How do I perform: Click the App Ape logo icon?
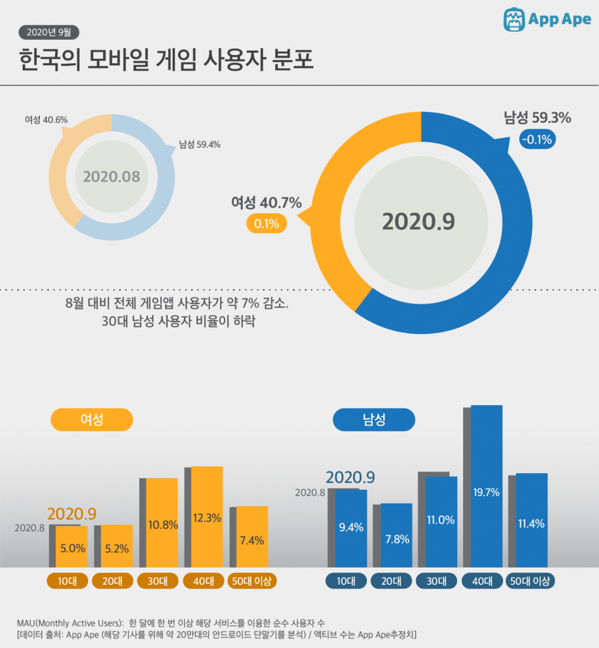pyautogui.click(x=515, y=20)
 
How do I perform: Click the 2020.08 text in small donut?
pyautogui.click(x=111, y=177)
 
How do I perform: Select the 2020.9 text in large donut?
pyautogui.click(x=418, y=222)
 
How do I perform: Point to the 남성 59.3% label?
pyautogui.click(x=537, y=118)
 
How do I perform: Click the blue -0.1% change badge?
pyautogui.click(x=537, y=139)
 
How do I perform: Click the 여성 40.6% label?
pyautogui.click(x=46, y=120)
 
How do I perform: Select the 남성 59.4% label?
pyautogui.click(x=199, y=144)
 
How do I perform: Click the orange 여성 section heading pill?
pyautogui.click(x=92, y=420)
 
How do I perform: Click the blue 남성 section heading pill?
pyautogui.click(x=374, y=420)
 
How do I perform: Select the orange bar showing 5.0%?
pyautogui.click(x=71, y=546)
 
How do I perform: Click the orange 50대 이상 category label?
pyautogui.click(x=252, y=581)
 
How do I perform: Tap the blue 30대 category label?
pyautogui.click(x=437, y=581)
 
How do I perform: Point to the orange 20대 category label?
pyautogui.click(x=113, y=581)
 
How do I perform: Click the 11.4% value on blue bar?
pyautogui.click(x=531, y=523)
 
